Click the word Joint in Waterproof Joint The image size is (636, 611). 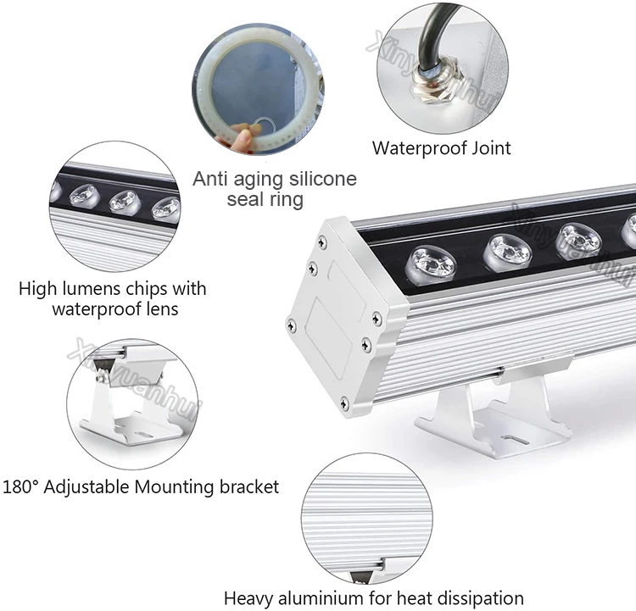(x=491, y=148)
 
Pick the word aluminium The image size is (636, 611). (x=321, y=598)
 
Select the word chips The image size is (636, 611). (x=146, y=289)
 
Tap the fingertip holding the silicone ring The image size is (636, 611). (x=243, y=135)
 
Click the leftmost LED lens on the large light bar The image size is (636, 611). (x=431, y=264)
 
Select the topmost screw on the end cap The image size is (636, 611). (x=322, y=242)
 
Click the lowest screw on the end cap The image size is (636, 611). (x=344, y=403)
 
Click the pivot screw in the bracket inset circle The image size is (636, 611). (x=101, y=378)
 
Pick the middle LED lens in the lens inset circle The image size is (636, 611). (x=125, y=202)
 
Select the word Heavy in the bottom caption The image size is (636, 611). (x=248, y=598)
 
